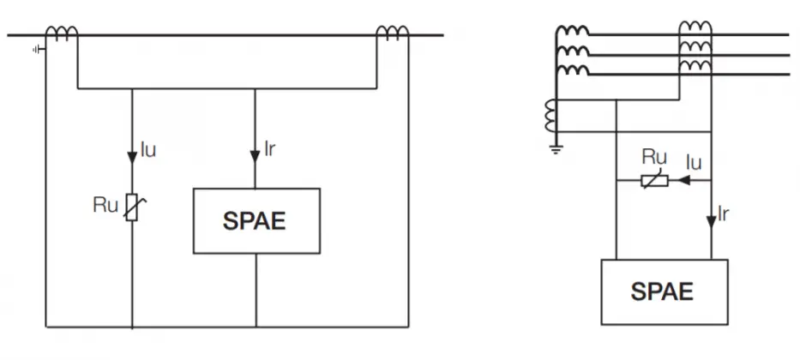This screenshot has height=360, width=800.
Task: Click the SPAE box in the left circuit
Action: [256, 221]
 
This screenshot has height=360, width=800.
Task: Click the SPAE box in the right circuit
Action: [665, 292]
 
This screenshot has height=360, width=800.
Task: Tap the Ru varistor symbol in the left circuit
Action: [132, 207]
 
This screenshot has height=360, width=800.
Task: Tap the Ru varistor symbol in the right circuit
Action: [654, 181]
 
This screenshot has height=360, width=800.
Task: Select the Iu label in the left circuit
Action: [148, 151]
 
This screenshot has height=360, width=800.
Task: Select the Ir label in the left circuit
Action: [270, 149]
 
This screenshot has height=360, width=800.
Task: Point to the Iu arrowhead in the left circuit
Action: [132, 158]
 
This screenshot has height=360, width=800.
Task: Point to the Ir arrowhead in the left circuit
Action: [256, 156]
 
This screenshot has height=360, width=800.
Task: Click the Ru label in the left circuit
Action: [105, 205]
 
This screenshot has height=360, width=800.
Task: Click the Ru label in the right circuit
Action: [654, 157]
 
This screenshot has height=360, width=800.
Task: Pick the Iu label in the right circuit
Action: [694, 163]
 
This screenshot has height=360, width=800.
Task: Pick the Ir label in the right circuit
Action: [723, 214]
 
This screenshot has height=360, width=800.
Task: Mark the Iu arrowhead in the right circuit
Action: [683, 180]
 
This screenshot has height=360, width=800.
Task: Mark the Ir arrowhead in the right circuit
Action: [711, 222]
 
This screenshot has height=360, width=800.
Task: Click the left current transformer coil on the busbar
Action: [62, 33]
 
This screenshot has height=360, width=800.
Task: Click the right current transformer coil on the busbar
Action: [393, 33]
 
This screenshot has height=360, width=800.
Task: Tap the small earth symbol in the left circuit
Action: [39, 50]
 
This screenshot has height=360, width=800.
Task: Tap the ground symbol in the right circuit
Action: [556, 149]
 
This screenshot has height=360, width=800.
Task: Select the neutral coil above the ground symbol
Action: [551, 116]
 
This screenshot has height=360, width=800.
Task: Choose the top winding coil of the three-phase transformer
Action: [573, 32]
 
